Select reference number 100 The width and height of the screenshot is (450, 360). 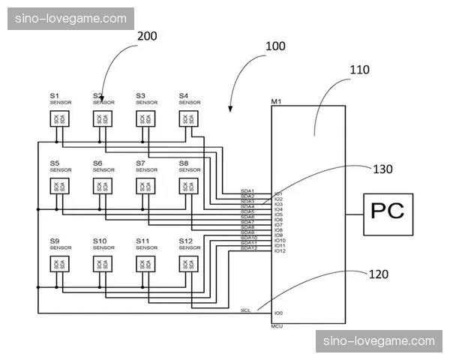pyautogui.click(x=275, y=46)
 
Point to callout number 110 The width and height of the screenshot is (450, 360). pyautogui.click(x=360, y=70)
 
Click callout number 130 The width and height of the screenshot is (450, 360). pyautogui.click(x=382, y=169)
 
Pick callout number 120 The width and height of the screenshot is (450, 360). pyautogui.click(x=379, y=274)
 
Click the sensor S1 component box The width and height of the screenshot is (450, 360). pyautogui.click(x=58, y=119)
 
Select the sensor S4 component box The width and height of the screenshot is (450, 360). pyautogui.click(x=187, y=119)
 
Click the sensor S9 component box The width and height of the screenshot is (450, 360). pyautogui.click(x=58, y=264)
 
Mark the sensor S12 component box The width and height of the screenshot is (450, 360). pyautogui.click(x=187, y=264)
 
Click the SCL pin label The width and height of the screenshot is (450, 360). pyautogui.click(x=245, y=310)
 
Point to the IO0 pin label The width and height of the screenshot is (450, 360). pyautogui.click(x=278, y=313)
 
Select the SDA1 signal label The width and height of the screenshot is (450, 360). pyautogui.click(x=247, y=191)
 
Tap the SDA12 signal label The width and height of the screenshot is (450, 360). pyautogui.click(x=248, y=248)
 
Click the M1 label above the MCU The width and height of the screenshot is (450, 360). pyautogui.click(x=276, y=101)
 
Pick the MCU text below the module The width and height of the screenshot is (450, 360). pyautogui.click(x=277, y=326)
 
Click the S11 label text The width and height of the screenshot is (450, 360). pyautogui.click(x=142, y=240)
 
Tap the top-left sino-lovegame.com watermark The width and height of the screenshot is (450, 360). pyautogui.click(x=71, y=19)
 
